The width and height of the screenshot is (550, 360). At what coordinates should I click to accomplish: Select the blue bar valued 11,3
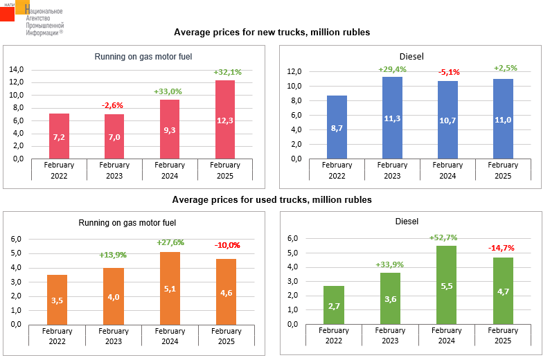tap(392, 118)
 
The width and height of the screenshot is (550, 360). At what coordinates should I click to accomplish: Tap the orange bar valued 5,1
tap(170, 288)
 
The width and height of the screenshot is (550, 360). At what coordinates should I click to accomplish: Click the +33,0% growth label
tap(168, 91)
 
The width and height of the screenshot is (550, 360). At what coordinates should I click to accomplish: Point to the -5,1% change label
tap(447, 72)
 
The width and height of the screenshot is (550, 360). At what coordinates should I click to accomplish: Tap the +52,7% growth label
tap(447, 237)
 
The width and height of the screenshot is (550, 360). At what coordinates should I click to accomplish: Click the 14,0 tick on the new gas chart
tap(17, 70)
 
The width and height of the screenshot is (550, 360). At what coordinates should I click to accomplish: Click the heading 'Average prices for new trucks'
tap(272, 33)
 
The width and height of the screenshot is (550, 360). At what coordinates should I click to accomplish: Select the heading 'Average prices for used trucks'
tap(272, 200)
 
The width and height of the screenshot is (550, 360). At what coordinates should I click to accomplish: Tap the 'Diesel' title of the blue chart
tap(411, 57)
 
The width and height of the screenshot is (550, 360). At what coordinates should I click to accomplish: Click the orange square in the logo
tap(24, 7)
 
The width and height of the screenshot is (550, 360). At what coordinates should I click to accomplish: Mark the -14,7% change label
tap(502, 248)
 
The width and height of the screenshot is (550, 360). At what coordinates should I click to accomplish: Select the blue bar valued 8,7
tap(337, 127)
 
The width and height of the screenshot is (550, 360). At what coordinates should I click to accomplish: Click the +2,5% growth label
tap(504, 68)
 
